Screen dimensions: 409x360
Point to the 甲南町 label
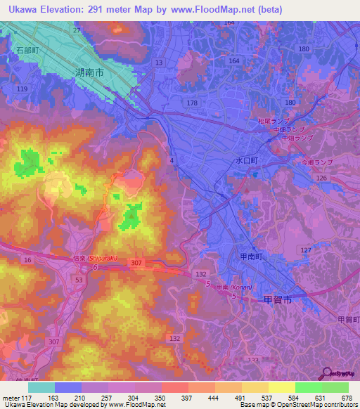250,259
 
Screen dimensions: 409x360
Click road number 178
191,103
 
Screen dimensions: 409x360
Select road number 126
321,178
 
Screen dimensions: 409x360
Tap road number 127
305,249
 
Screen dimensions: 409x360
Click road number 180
304,48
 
